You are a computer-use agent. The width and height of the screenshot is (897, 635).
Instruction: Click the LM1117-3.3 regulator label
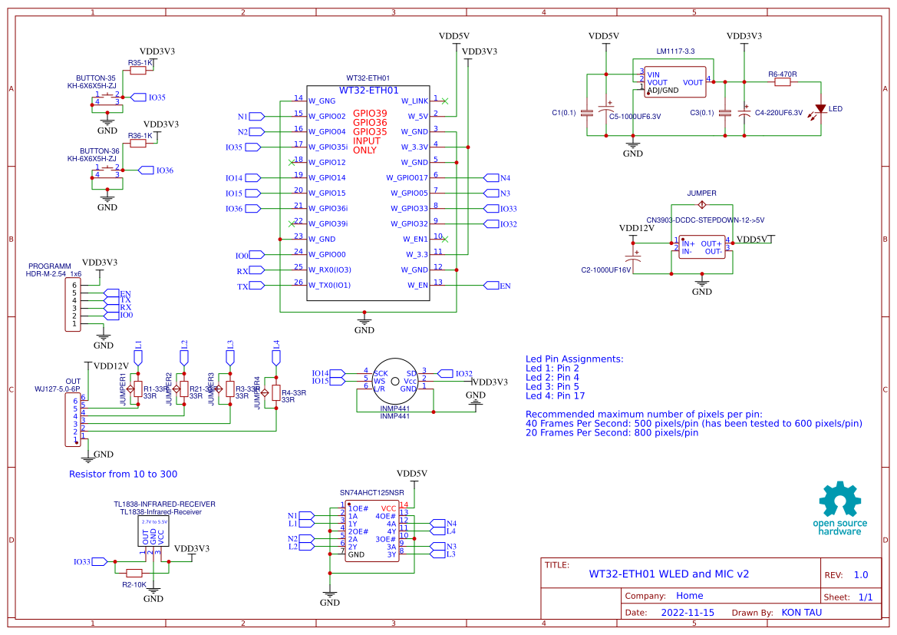pos(675,51)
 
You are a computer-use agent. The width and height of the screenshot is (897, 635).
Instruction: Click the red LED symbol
pos(820,108)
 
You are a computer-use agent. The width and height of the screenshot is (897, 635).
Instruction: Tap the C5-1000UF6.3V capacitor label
pos(635,117)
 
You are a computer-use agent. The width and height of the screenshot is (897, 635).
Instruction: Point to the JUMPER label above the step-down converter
pos(701,193)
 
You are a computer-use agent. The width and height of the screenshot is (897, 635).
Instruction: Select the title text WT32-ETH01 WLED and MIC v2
pos(668,574)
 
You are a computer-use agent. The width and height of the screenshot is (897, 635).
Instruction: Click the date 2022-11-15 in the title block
pos(688,613)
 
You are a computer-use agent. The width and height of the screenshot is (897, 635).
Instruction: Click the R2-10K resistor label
pos(134,585)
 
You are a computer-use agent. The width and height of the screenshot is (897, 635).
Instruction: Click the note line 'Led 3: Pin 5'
pos(552,386)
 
